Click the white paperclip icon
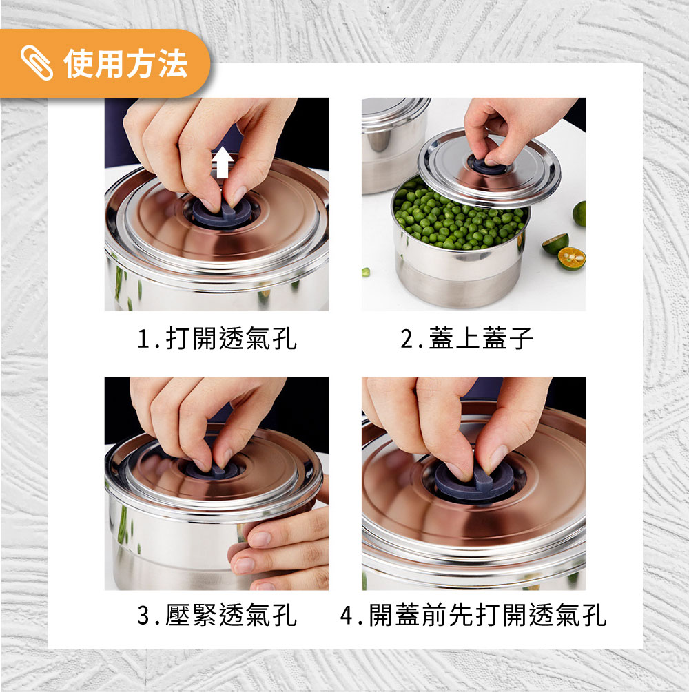click(x=37, y=63)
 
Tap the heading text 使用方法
click(x=126, y=63)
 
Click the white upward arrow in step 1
click(x=223, y=162)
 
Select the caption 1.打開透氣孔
click(x=216, y=339)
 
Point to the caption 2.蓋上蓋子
click(x=466, y=339)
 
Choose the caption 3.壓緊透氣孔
click(x=216, y=615)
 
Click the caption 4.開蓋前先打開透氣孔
click(x=473, y=615)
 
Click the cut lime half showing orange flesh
click(x=571, y=258)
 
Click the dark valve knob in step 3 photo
click(x=212, y=469)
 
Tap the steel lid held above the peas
click(x=489, y=168)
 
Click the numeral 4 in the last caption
click(x=347, y=615)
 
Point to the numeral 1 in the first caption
click(x=143, y=339)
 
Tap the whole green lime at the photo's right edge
click(x=579, y=213)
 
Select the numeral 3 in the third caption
click(x=143, y=615)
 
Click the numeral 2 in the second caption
click(x=407, y=339)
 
